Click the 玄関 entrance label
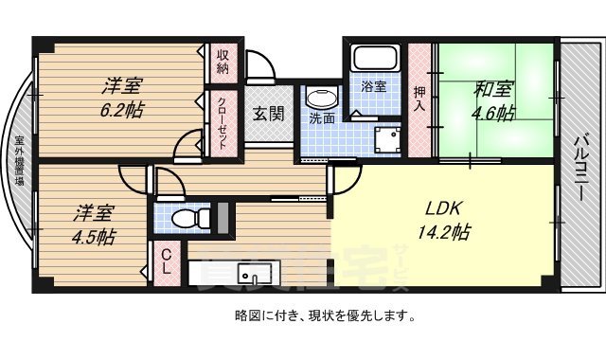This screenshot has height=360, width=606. click(268, 114)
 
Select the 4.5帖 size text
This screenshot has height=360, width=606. click(93, 236)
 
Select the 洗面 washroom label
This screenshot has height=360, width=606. click(322, 119)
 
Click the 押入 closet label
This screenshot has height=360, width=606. click(419, 98)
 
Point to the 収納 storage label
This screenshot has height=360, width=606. click(223, 62)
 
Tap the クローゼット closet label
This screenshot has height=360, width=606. click(223, 122)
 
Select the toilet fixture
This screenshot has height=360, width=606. click(188, 218)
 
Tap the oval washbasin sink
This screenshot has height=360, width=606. click(322, 99)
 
